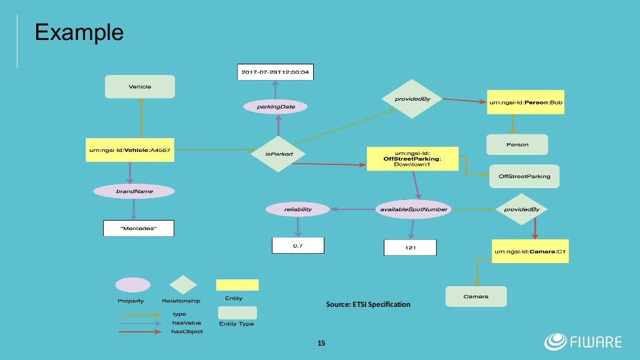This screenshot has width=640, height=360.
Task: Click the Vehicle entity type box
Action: (140, 86)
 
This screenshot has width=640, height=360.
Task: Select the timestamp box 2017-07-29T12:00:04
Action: (275, 72)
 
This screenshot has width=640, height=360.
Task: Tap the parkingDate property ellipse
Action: (275, 107)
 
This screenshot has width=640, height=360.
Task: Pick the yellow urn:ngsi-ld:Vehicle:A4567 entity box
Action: (129, 150)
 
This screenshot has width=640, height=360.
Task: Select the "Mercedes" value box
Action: (138, 229)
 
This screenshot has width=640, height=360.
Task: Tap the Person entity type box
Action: (517, 144)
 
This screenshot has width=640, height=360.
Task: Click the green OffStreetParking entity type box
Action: (524, 176)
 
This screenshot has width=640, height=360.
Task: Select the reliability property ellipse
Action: (297, 209)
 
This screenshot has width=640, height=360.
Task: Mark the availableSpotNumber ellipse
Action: (414, 209)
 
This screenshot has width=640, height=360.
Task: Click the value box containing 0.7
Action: (298, 246)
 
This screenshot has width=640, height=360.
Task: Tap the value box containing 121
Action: (409, 248)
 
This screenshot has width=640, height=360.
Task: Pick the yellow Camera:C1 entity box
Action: (530, 251)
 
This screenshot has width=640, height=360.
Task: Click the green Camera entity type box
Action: (476, 296)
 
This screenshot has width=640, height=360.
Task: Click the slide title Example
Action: (79, 31)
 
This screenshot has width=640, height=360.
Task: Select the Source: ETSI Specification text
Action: (368, 304)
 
